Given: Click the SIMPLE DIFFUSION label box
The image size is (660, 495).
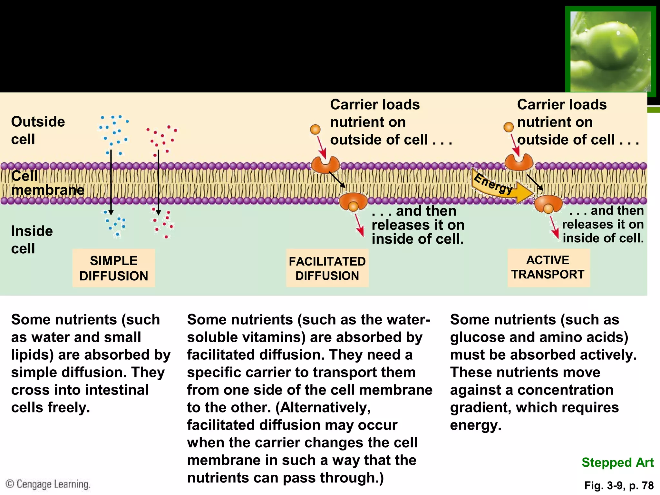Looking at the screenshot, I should (x=113, y=268).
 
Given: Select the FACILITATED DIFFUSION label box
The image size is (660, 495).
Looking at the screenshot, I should (x=327, y=268).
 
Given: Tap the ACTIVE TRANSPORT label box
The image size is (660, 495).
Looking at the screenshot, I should (x=548, y=267).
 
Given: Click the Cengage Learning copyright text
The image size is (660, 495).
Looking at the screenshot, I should (x=48, y=484).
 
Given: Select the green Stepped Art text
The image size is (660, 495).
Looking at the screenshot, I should (x=617, y=462).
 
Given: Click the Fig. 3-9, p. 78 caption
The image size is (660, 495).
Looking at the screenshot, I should (x=619, y=485).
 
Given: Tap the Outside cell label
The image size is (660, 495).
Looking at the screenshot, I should (x=38, y=130).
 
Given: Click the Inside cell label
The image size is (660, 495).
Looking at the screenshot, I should (x=32, y=239).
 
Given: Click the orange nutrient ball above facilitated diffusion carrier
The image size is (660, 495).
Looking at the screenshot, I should (x=315, y=129).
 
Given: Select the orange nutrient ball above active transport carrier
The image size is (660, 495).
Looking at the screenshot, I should (x=509, y=127).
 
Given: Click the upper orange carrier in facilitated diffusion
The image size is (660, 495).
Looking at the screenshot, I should (x=325, y=165).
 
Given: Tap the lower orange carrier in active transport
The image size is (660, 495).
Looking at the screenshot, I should (x=548, y=203).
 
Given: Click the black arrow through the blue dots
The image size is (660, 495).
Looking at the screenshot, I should (x=111, y=182).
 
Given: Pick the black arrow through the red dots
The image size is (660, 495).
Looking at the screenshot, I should (x=158, y=182).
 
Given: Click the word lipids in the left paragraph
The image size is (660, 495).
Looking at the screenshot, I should (x=32, y=354).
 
